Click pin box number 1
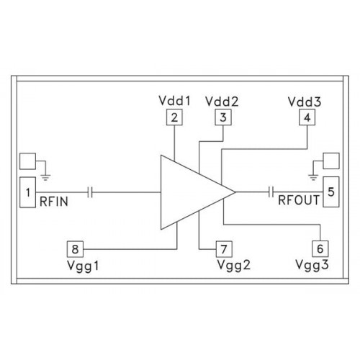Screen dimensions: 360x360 27,192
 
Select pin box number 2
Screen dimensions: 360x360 174,117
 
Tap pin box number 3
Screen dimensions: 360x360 223,117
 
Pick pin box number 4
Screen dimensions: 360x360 307,117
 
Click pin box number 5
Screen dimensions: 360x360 331,192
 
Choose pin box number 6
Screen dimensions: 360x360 320,248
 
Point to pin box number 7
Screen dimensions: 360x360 224,249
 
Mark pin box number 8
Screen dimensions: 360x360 75,249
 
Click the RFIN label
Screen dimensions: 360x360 54,202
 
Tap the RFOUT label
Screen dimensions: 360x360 299,200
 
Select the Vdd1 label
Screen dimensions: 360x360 174,101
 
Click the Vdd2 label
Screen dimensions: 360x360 222,102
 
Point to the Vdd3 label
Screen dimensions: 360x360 305,102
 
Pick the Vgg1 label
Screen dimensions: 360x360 83,266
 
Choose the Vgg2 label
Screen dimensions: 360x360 233,265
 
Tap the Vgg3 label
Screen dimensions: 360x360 312,265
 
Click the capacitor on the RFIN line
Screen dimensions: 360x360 90,192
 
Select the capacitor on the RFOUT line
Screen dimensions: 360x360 271,192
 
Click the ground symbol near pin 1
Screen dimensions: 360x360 45,178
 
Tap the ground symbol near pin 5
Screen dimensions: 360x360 313,178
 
